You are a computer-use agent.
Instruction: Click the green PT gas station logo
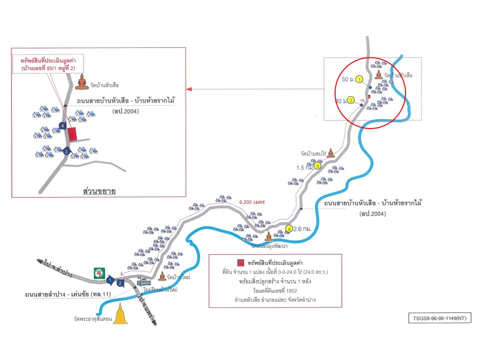tap(99, 272)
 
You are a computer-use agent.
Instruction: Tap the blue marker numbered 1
tap(110, 279)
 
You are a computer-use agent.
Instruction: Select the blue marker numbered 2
tap(120, 283)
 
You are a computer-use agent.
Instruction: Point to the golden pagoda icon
tap(119, 315)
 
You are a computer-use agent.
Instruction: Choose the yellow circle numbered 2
tap(351, 100)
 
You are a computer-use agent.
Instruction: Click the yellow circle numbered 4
tap(288, 229)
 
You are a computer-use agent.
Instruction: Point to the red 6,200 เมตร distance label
tap(252, 202)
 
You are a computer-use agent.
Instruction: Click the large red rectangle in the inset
tap(73, 134)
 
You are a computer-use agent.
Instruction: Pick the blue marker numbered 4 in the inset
tap(62, 125)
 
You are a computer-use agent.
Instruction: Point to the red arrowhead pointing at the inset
tap(189, 89)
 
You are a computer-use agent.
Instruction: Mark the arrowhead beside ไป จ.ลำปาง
tap(39, 260)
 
